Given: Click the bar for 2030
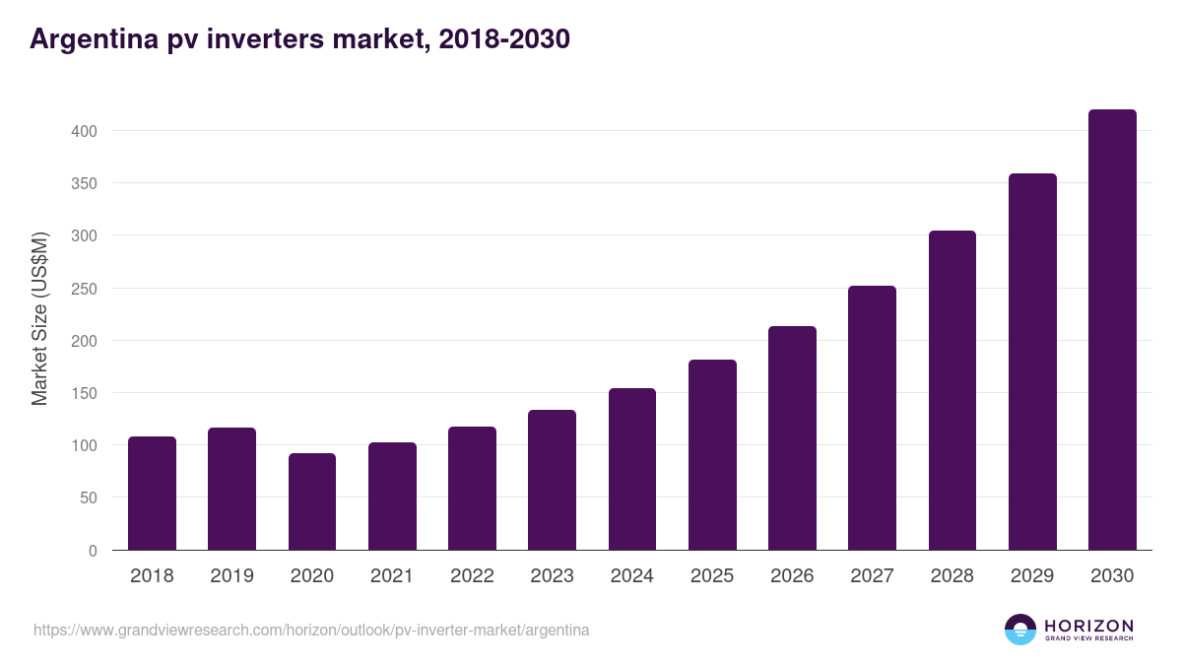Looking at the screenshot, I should pyautogui.click(x=1112, y=330).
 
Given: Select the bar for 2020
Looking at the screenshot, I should pyautogui.click(x=312, y=501).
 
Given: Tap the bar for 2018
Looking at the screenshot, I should pyautogui.click(x=152, y=494).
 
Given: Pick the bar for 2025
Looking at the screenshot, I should pyautogui.click(x=712, y=455).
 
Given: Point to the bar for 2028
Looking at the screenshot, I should pyautogui.click(x=952, y=390).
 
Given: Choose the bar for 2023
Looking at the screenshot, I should pyautogui.click(x=552, y=480).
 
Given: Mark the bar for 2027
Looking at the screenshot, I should pyautogui.click(x=872, y=418).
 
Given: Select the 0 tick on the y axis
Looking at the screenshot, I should pyautogui.click(x=93, y=551).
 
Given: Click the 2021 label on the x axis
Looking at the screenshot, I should pyautogui.click(x=392, y=576).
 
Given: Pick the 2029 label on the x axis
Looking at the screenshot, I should pyautogui.click(x=1032, y=576).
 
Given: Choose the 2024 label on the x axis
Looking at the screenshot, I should pyautogui.click(x=631, y=576).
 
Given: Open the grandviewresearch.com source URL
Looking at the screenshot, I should pyautogui.click(x=311, y=630).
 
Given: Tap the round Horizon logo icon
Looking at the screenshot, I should pyautogui.click(x=1020, y=630).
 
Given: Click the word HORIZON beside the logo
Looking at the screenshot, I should pyautogui.click(x=1088, y=626).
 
